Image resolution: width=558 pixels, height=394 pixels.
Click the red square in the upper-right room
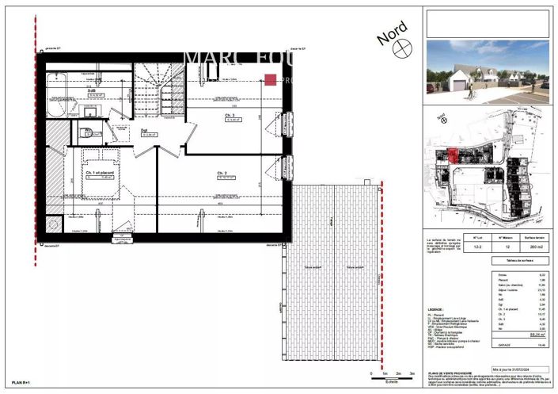270,80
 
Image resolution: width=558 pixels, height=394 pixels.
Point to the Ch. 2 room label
222,174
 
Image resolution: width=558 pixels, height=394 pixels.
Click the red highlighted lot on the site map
453,155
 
